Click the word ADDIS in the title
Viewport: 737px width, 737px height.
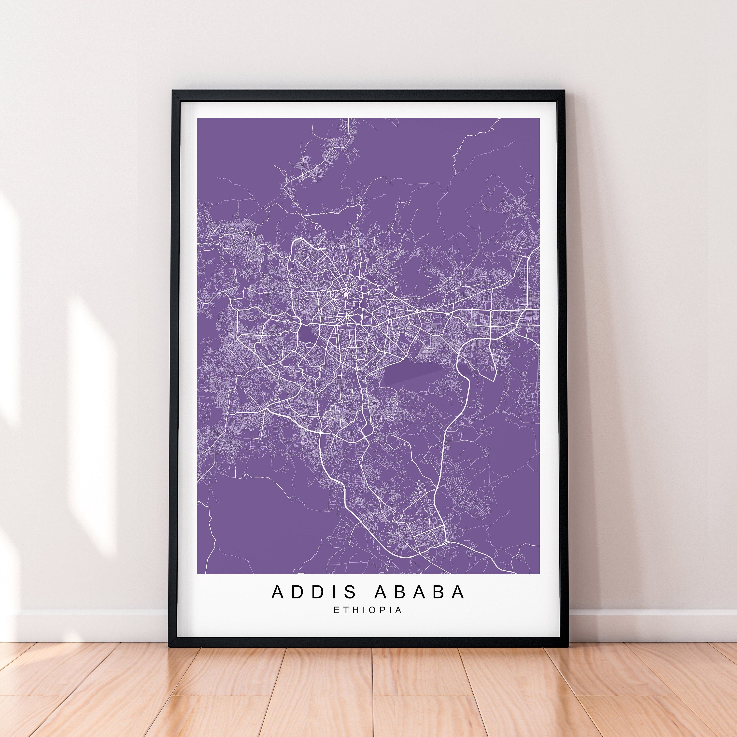click(x=314, y=602)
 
